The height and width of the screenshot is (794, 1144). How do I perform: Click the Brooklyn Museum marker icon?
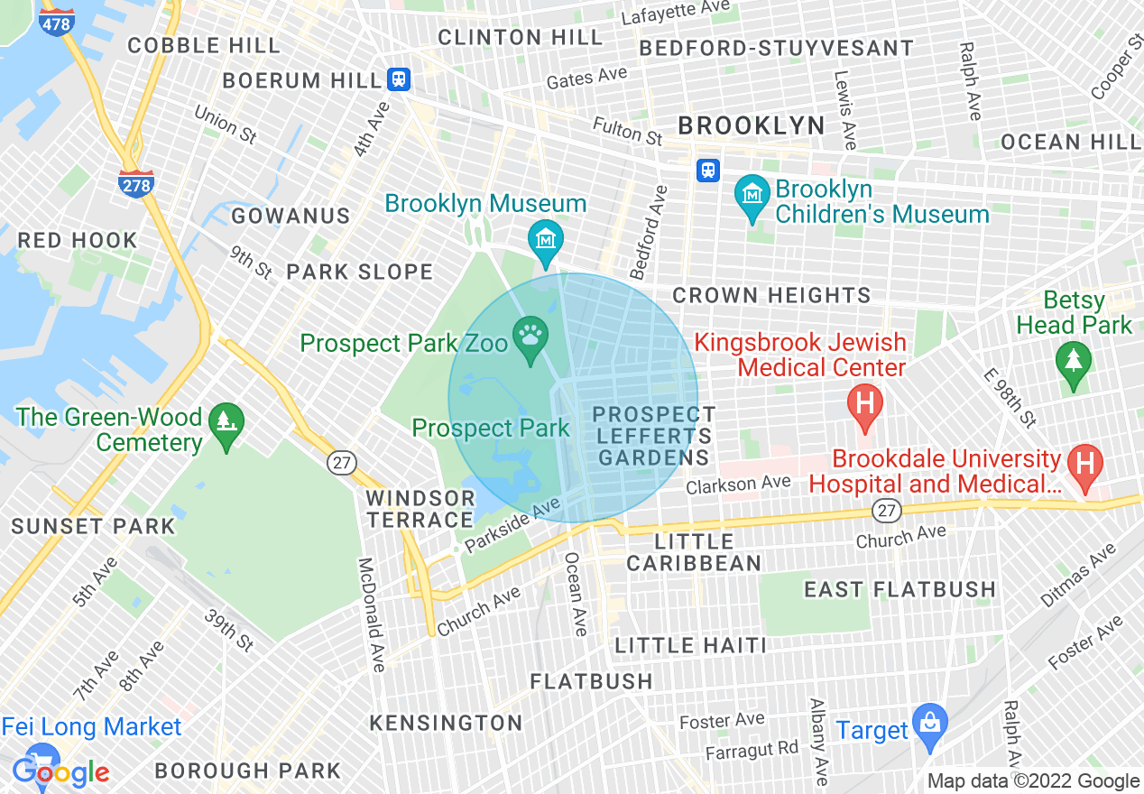click(x=546, y=239)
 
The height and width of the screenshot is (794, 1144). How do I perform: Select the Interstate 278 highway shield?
click(x=135, y=183)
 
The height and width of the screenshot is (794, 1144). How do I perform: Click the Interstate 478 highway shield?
click(x=57, y=22)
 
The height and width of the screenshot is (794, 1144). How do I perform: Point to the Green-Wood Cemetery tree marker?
click(x=225, y=422)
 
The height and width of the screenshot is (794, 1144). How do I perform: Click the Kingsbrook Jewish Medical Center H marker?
click(x=865, y=402)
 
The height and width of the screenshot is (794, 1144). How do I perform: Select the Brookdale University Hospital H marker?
click(x=1085, y=464)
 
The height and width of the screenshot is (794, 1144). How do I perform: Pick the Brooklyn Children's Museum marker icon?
click(x=751, y=194)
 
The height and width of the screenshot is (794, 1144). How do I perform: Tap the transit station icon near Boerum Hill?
click(x=399, y=79)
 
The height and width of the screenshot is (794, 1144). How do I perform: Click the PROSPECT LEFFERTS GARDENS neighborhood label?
click(x=654, y=436)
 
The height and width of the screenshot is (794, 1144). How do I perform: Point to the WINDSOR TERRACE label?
click(x=420, y=509)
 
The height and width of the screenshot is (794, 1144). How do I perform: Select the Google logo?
click(x=61, y=772)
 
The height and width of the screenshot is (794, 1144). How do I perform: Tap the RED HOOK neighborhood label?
click(x=78, y=240)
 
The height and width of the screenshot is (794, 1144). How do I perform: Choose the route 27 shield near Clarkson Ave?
click(x=887, y=511)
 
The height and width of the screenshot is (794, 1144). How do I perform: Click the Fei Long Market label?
click(x=91, y=727)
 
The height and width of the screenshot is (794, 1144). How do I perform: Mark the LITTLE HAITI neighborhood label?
click(x=690, y=645)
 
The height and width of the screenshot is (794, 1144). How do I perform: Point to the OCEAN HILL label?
click(x=1071, y=142)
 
